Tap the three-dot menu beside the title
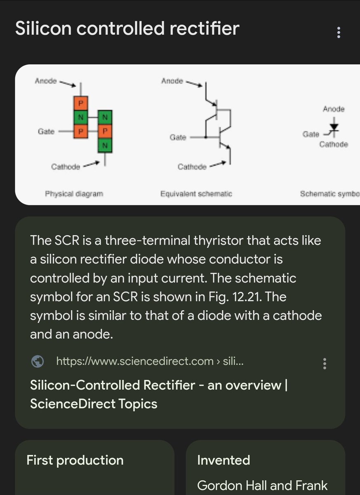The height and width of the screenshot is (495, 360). [339, 33]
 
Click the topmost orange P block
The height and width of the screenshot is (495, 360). [80, 103]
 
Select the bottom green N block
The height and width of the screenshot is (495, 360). [105, 145]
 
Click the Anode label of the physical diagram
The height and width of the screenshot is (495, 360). [46, 81]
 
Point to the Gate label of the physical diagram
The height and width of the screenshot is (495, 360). [46, 131]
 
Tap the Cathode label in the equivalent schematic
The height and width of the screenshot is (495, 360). [192, 167]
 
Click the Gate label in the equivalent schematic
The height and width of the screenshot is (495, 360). [178, 137]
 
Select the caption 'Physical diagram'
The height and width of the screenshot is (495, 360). [74, 194]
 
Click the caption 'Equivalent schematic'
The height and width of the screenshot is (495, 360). [196, 194]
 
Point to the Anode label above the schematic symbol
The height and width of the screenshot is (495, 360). [334, 109]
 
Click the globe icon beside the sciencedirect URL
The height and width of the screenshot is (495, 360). [38, 361]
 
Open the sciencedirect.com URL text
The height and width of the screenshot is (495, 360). [150, 361]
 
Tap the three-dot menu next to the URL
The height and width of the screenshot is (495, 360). [325, 363]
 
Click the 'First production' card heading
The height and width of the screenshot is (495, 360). [75, 460]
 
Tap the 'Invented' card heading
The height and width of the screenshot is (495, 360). [224, 460]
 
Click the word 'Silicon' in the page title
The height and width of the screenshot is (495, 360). [43, 28]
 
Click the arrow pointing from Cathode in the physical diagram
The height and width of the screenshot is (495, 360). [91, 165]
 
